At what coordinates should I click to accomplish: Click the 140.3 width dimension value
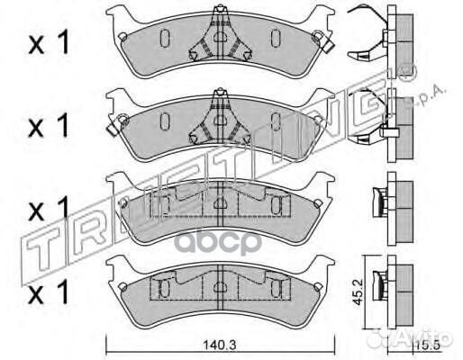(x=220, y=346)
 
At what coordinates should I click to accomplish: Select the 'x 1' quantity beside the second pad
(x=49, y=126)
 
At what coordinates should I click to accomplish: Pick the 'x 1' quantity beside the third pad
(x=49, y=210)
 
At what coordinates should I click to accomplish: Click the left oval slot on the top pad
(x=165, y=38)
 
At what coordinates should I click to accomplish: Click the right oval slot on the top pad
(x=276, y=38)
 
